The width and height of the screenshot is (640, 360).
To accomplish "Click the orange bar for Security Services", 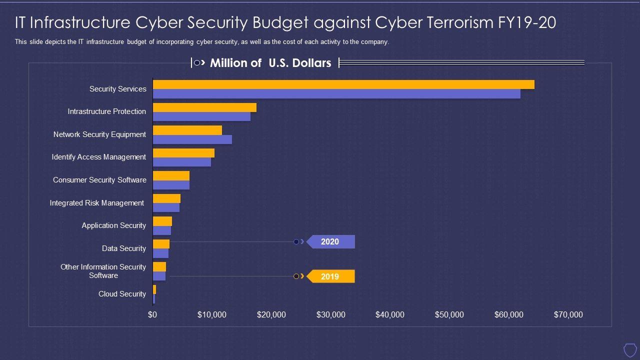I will pos(343,84).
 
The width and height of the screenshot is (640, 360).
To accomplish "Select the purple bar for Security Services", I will pos(336,94).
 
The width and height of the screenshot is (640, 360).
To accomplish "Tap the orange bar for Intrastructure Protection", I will pos(204,107).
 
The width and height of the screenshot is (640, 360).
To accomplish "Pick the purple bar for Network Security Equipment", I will pos(192,139).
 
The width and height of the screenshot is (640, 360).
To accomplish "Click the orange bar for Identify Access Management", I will pos(183,153).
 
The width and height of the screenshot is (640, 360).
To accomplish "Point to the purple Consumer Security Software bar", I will pos(171,185).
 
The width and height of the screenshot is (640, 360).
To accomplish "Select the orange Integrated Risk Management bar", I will pos(166,198).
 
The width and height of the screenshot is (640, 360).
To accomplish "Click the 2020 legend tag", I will pos(330,242).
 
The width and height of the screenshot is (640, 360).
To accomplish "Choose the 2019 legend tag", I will pos(330,276).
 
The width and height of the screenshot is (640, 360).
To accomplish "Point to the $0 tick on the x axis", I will pos(152,314).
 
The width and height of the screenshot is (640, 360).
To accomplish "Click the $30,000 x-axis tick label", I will pos(331,314).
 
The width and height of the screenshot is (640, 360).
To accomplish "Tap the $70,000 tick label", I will pos(568,314).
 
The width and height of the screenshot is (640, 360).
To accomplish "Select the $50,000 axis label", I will pos(449,314).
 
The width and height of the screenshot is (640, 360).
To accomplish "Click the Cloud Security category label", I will pos(122,294).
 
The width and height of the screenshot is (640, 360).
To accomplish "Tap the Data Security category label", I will pos(124,248).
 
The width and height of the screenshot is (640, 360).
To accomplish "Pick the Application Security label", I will pos(114,225).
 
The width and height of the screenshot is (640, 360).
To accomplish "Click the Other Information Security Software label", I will pos(103,271).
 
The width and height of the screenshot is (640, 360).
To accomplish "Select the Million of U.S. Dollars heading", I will pos(270,63).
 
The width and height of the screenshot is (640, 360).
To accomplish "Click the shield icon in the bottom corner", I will pos(630,349).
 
